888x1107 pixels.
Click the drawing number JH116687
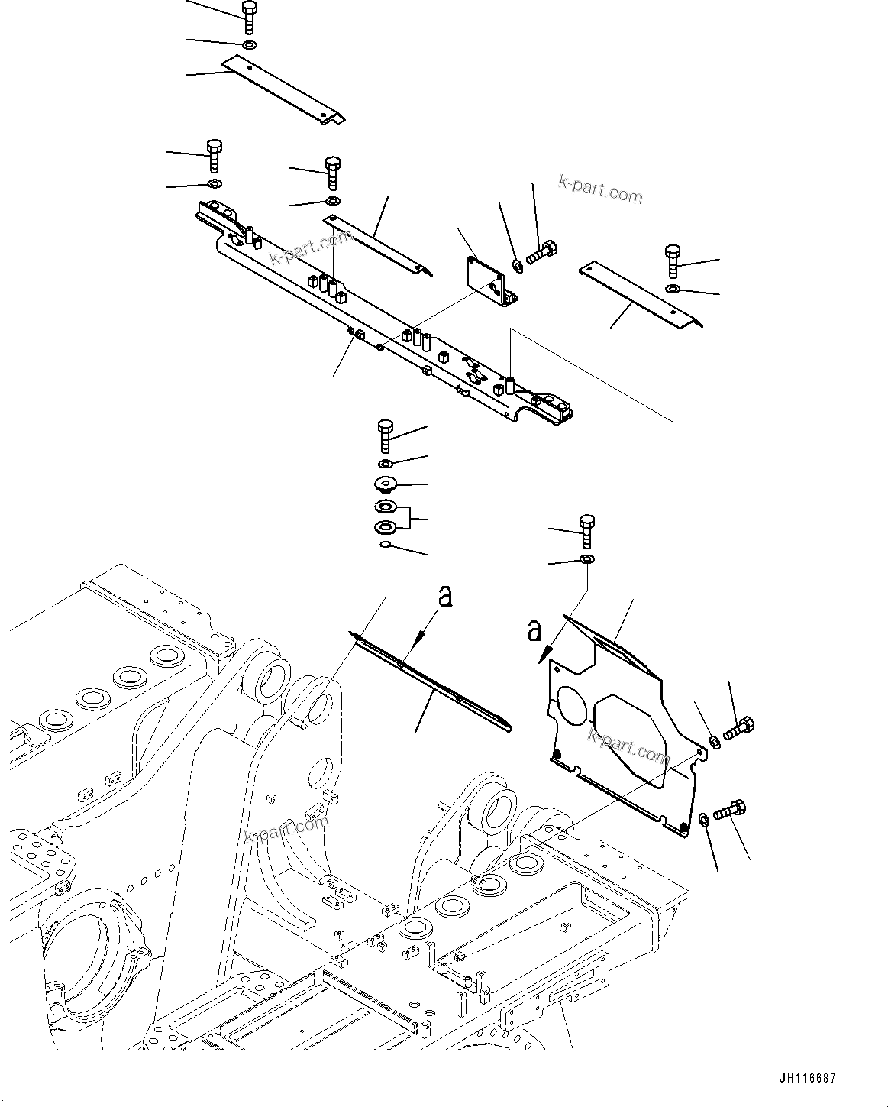808,1079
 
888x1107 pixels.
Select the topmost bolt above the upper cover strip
249,17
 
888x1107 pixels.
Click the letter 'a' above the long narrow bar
444,596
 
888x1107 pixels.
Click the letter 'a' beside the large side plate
534,632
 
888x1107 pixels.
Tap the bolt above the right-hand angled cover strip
672,261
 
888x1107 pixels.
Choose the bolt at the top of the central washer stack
385,435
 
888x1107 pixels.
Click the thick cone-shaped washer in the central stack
385,484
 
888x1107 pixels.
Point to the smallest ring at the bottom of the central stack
386,544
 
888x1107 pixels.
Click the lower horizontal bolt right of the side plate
731,809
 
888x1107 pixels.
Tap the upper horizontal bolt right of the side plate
738,728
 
